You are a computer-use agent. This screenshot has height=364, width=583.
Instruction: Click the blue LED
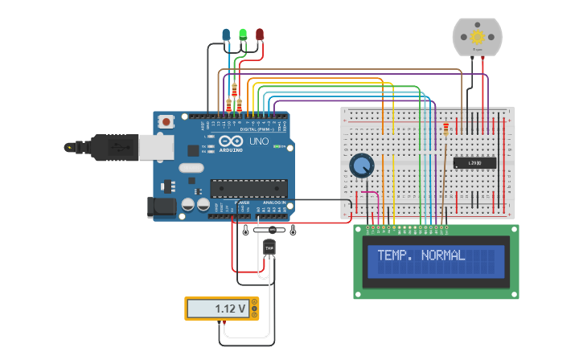point(225,35)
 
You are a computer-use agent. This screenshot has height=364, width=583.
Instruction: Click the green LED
point(242,35)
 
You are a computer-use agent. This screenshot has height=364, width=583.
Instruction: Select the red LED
point(260,35)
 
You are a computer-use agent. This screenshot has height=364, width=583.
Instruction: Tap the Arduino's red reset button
point(166,122)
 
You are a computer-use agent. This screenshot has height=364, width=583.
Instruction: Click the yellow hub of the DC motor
point(478,37)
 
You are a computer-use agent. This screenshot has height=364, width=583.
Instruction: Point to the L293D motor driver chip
point(474,163)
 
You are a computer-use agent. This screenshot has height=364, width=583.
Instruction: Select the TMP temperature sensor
point(269,248)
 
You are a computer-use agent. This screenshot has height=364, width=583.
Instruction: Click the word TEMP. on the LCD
point(396,256)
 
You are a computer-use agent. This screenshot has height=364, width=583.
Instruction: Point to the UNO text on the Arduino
point(259,141)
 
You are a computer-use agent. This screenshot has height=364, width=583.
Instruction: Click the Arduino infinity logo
point(229,143)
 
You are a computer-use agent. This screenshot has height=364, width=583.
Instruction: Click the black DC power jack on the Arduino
point(163,207)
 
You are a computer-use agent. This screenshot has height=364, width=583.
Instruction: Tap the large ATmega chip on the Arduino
point(249,188)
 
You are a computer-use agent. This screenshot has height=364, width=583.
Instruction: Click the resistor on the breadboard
point(446,129)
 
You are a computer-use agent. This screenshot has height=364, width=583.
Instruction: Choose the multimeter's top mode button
point(255,302)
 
